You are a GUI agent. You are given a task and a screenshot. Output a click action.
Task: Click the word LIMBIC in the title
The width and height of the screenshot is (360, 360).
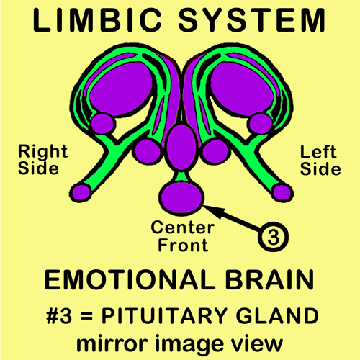click(x=97, y=19)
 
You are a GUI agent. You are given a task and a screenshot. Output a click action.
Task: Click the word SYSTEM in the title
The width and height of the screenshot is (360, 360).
click(x=251, y=19)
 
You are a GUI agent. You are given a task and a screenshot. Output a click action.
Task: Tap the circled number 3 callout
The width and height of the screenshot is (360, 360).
click(x=273, y=237)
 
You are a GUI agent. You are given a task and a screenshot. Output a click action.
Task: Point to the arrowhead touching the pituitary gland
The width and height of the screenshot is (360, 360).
click(x=212, y=210)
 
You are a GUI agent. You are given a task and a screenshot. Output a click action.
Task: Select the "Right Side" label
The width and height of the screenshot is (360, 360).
click(x=43, y=160)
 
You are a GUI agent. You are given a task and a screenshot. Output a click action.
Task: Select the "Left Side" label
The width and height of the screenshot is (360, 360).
click(x=320, y=161)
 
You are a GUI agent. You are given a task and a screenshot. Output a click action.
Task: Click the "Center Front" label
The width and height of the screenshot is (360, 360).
click(x=183, y=236)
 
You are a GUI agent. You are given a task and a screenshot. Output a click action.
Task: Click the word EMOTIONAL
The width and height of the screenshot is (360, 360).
click(x=129, y=280)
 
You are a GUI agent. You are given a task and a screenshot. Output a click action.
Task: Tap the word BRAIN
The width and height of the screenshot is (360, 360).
click(x=269, y=280)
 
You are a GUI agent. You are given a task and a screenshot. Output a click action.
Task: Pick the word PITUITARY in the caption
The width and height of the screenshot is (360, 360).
click(x=164, y=315)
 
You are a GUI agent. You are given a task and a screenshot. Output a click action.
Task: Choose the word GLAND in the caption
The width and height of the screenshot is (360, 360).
click(x=277, y=315)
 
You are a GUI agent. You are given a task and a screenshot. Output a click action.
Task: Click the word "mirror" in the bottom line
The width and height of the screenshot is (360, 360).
click(x=112, y=343)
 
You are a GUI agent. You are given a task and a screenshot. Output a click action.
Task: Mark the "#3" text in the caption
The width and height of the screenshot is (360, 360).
click(x=59, y=315)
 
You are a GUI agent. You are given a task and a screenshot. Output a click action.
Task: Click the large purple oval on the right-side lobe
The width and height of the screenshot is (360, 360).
click(x=121, y=88)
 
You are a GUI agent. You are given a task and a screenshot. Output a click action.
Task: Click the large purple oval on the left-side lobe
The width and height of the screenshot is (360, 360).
click(x=243, y=88)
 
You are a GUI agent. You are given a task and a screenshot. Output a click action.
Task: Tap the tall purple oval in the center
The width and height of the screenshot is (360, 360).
click(x=181, y=147)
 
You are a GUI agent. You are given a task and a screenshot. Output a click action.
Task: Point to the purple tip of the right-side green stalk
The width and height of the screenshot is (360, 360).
click(x=81, y=193)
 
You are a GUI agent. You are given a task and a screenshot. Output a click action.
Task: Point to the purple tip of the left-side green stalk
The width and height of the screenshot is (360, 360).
click(x=282, y=193)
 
